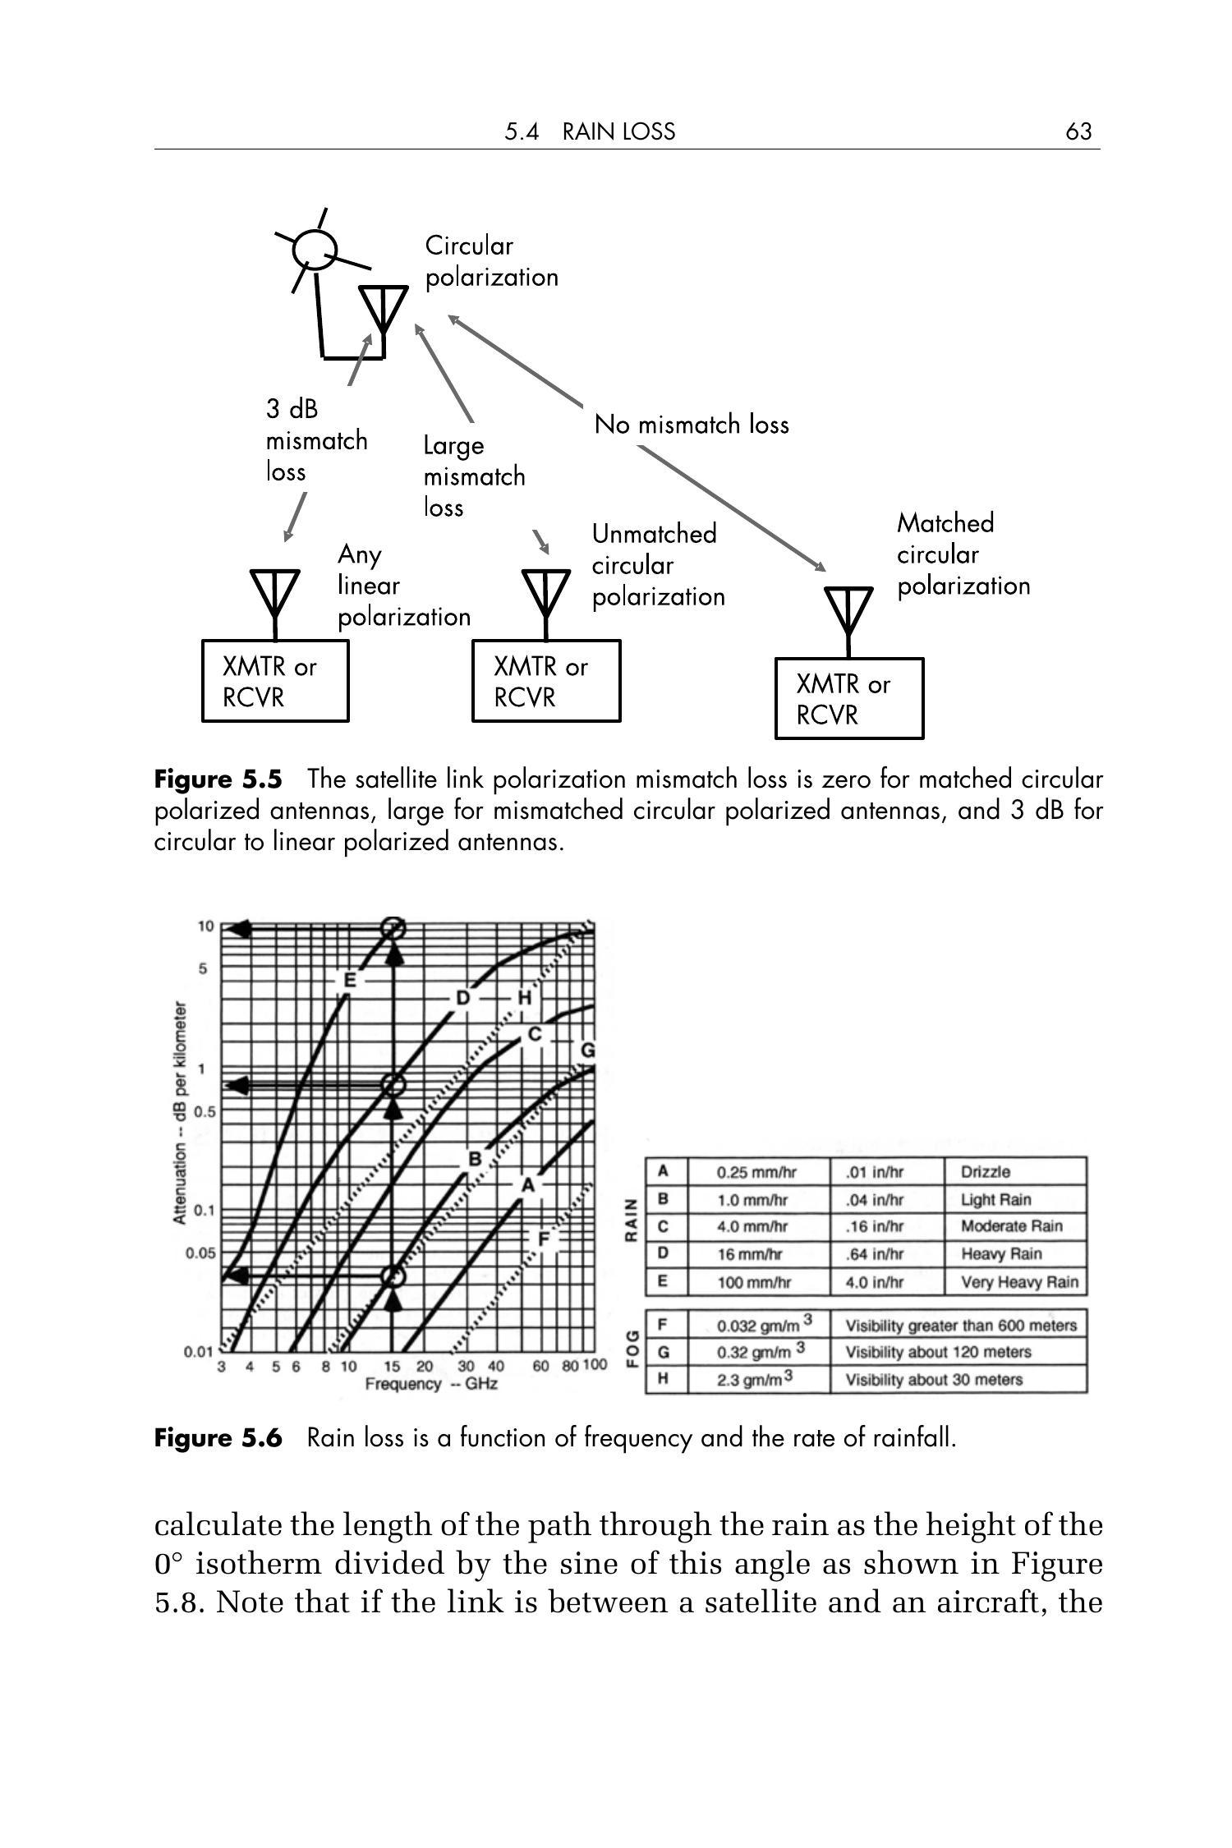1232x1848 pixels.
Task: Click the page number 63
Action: tap(1078, 131)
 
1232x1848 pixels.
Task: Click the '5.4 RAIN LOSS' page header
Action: tap(590, 131)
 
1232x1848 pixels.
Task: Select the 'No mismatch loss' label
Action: tap(692, 425)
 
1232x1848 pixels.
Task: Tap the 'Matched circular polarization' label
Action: tap(963, 554)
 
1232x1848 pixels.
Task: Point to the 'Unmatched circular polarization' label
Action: tap(658, 565)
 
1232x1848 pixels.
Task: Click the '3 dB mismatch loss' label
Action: tap(315, 440)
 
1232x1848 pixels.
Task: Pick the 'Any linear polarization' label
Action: tap(403, 586)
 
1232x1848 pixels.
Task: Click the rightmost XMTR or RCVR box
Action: tap(848, 699)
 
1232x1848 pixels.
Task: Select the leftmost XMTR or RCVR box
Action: tap(275, 682)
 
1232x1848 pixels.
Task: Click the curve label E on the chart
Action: tap(349, 981)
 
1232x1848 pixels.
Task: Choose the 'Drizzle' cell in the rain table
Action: tap(986, 1172)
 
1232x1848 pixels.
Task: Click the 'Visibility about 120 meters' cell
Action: tap(938, 1352)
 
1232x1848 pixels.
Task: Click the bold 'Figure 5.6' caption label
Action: tap(218, 1438)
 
